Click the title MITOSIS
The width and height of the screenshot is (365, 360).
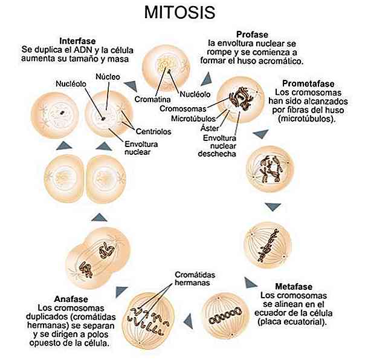[x=182, y=12]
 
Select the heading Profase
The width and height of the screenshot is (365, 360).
[x=253, y=34]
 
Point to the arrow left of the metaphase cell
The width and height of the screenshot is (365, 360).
[x=188, y=315]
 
